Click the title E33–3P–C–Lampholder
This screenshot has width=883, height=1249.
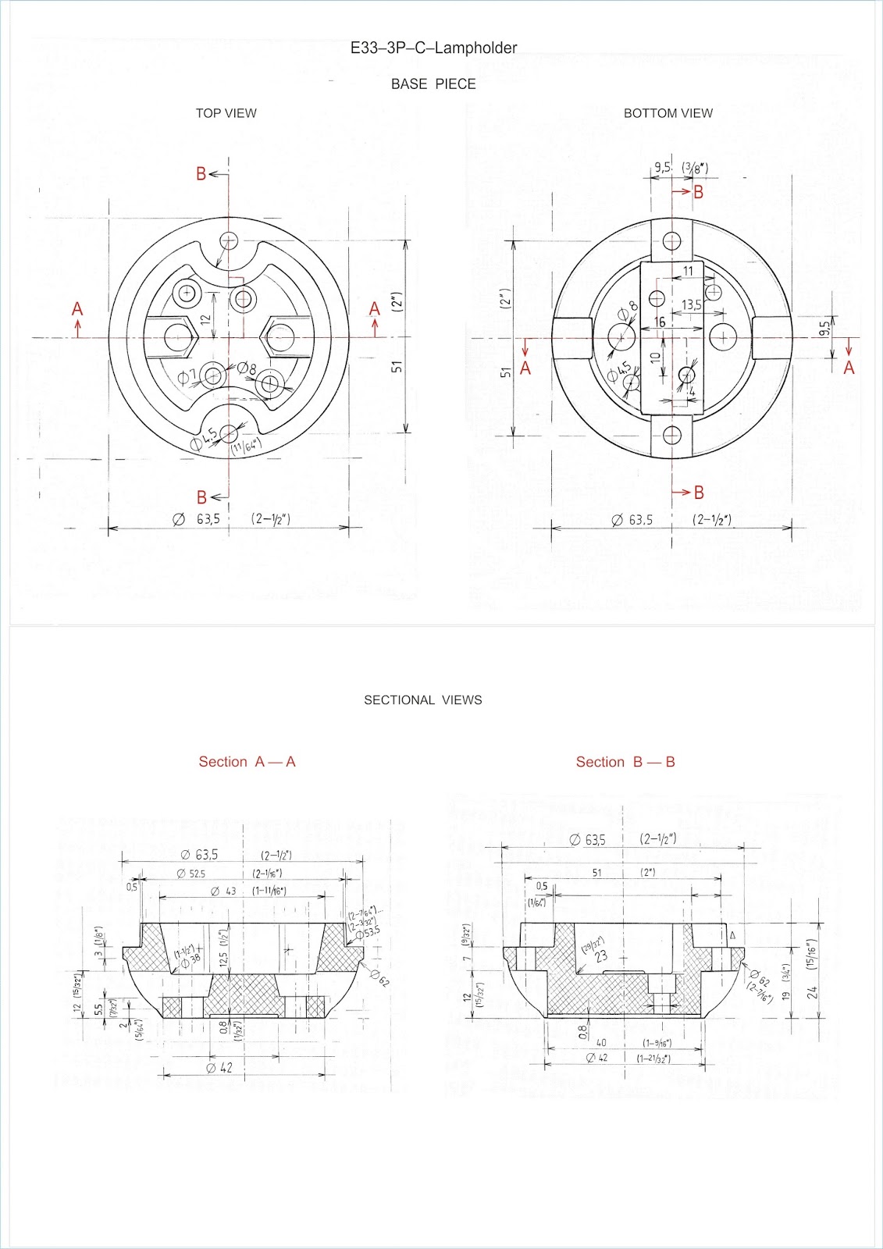tap(433, 48)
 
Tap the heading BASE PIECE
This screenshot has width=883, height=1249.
tap(433, 84)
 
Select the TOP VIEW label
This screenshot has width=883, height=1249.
tap(226, 113)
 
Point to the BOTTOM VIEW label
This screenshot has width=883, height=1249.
tap(668, 113)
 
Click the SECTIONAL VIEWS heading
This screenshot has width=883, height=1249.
tap(422, 700)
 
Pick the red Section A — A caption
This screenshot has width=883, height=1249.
tap(247, 762)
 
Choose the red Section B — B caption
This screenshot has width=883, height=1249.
tap(625, 762)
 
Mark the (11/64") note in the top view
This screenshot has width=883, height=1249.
tap(246, 447)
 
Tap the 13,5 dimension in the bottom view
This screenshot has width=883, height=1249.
tap(691, 305)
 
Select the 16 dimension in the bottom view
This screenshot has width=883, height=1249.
tap(660, 322)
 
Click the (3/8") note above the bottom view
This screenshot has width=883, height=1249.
tap(695, 167)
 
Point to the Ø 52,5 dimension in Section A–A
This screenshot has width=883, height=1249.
tap(190, 874)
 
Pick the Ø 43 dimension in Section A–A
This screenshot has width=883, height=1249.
tap(223, 891)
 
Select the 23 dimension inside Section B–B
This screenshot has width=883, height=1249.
tap(601, 955)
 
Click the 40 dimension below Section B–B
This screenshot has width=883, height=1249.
tap(601, 1043)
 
